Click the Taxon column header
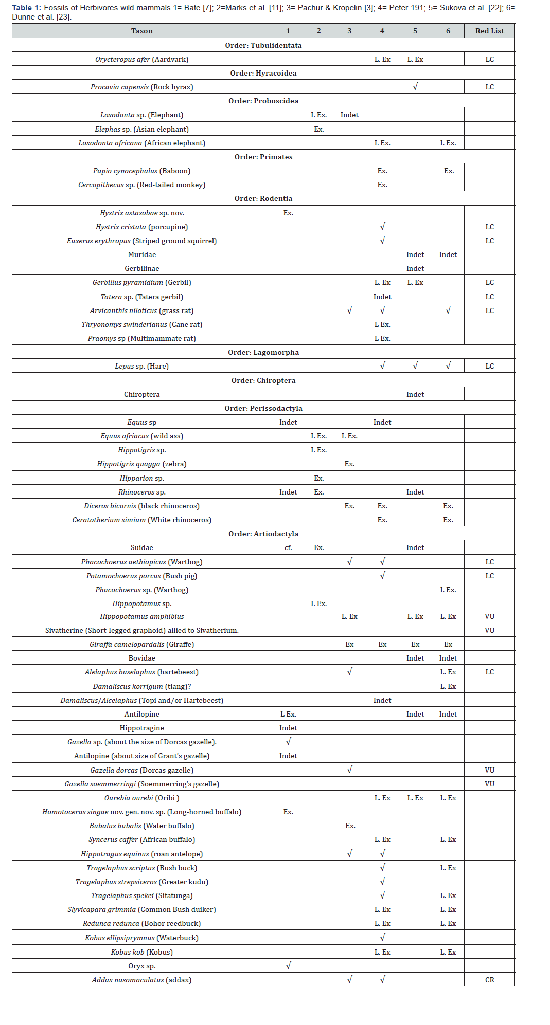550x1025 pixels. (141, 31)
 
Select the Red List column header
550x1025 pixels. (489, 31)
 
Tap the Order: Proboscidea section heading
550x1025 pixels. (263, 101)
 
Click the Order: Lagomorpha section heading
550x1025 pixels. (263, 352)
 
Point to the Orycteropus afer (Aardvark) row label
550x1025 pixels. (141, 59)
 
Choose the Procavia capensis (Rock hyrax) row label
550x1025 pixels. (141, 87)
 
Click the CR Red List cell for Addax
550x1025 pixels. (489, 980)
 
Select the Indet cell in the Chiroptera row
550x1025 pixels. (415, 394)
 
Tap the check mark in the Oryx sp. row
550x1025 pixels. (288, 965)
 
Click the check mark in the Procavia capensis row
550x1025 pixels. (415, 86)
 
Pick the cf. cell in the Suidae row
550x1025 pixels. (288, 547)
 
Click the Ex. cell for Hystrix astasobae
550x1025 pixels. (288, 213)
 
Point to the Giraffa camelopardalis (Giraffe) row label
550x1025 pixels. (141, 644)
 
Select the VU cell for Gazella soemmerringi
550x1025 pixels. (489, 784)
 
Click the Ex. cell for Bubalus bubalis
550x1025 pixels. (350, 826)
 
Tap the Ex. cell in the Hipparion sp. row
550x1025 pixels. (318, 478)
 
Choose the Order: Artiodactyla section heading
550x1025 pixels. (263, 534)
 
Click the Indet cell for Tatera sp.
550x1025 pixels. (382, 297)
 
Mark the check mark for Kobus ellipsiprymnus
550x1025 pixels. (382, 937)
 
